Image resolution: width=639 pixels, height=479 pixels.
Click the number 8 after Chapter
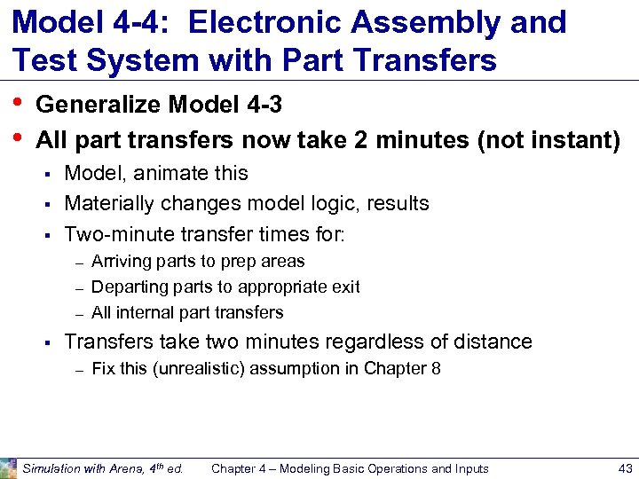pos(436,368)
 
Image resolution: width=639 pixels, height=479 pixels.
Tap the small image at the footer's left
pos(9,467)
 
